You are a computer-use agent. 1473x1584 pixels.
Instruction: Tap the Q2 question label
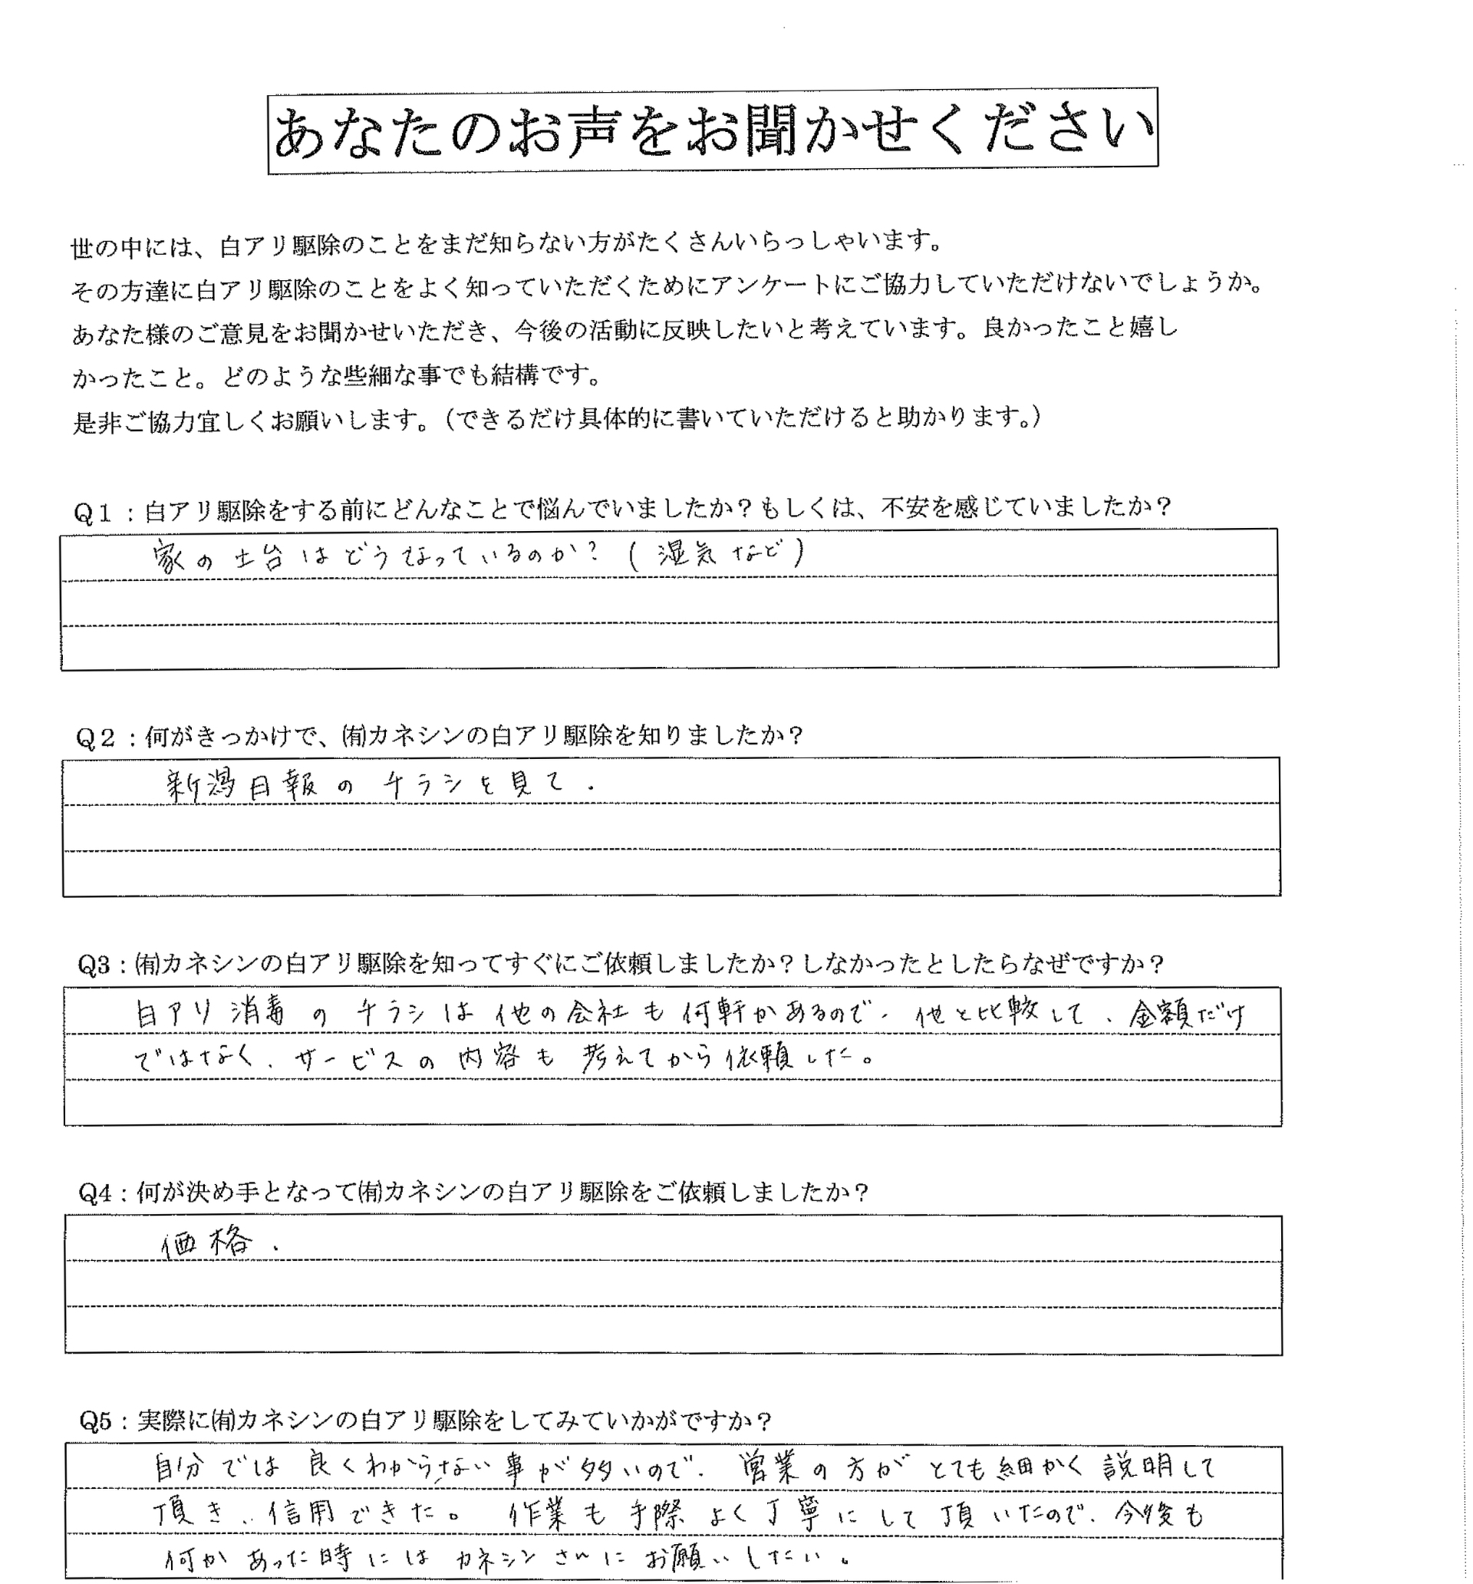pyautogui.click(x=96, y=738)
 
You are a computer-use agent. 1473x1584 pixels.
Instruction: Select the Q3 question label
pyautogui.click(x=97, y=965)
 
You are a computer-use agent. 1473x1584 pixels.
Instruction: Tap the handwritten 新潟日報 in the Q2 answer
pyautogui.click(x=242, y=786)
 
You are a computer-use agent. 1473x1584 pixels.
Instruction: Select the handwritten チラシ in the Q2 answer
pyautogui.click(x=414, y=786)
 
